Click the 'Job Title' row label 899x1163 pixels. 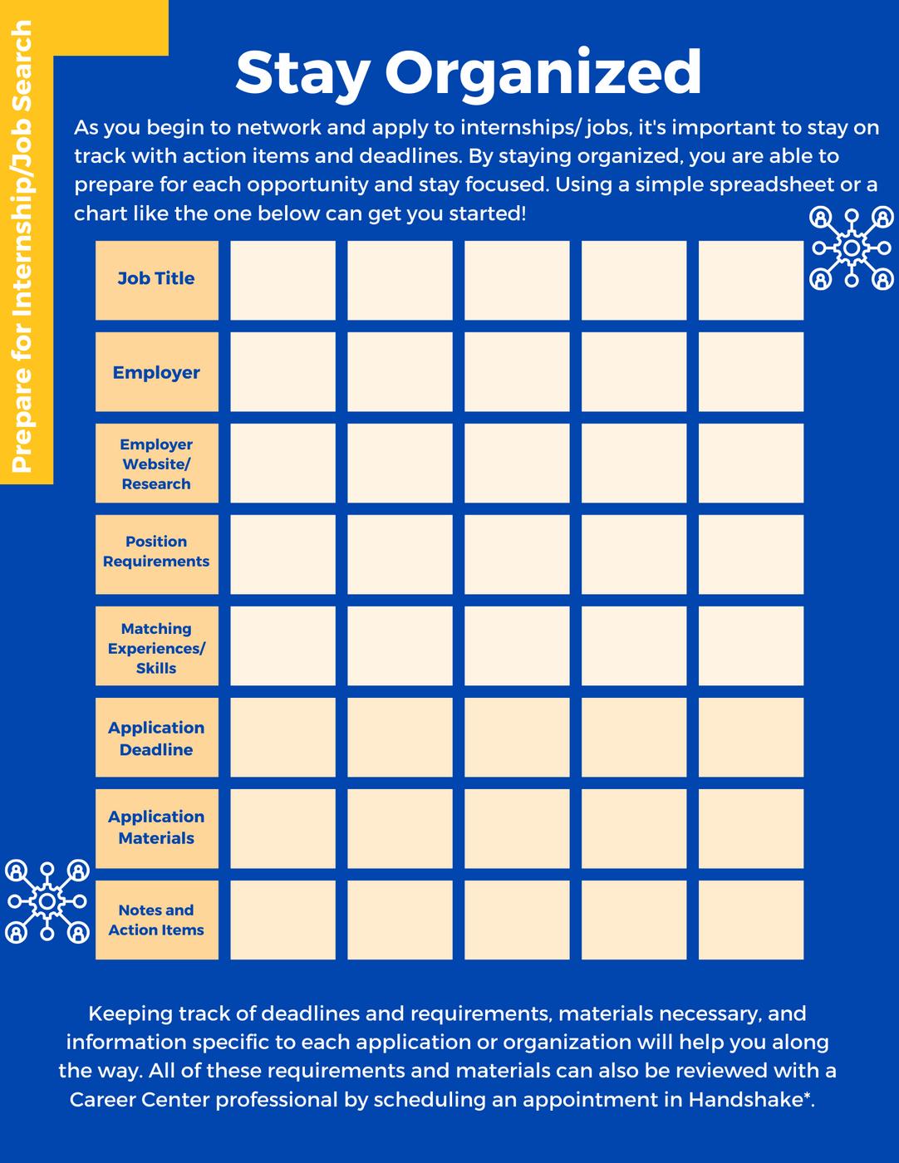[x=156, y=279]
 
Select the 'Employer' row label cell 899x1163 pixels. [x=156, y=372]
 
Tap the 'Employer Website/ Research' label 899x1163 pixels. [x=156, y=464]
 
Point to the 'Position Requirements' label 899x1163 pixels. [x=156, y=552]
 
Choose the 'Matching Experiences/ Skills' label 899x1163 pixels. [x=156, y=648]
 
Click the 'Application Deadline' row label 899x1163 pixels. [x=156, y=738]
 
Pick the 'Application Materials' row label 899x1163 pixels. [x=156, y=827]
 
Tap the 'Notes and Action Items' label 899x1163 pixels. [x=156, y=920]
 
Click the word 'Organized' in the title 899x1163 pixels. [x=543, y=73]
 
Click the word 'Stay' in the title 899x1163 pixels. [x=302, y=73]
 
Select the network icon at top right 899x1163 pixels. [x=851, y=248]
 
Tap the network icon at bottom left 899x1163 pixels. [x=47, y=901]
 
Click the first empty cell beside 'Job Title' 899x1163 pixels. [x=282, y=280]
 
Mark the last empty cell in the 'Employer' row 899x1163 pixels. [x=750, y=371]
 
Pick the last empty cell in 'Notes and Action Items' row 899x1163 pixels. [x=750, y=920]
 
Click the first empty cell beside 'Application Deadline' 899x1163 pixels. [x=282, y=737]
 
